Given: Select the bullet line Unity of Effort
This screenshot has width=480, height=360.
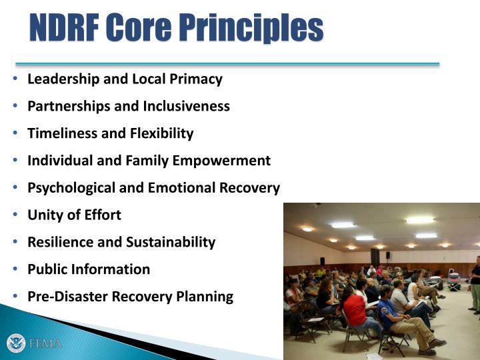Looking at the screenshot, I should [x=74, y=215].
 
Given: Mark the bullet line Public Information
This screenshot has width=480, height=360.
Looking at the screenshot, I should [x=88, y=269].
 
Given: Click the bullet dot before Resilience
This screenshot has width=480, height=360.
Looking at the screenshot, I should [x=16, y=242].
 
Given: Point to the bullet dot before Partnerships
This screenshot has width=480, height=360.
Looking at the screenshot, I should [x=16, y=106].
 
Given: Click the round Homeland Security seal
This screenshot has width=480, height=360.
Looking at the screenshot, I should [x=16, y=343].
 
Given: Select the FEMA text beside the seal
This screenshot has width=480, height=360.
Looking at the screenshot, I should [x=45, y=344].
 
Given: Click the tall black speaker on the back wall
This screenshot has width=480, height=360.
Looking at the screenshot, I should [x=375, y=257].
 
